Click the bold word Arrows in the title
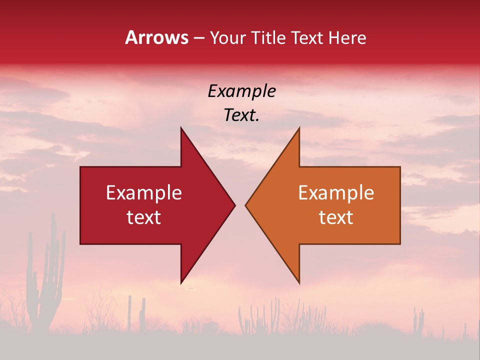pos(156,37)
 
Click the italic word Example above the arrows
pos(242,91)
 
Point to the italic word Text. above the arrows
pos(242,115)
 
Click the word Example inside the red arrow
pos(144,192)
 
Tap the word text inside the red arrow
pos(144,217)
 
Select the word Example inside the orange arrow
pos(336,192)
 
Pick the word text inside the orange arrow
pos(336,217)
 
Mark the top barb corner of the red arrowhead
pos(181,128)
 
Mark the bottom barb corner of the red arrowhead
pos(181,282)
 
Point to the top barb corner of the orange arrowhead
pos(299,128)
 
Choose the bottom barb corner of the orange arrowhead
pos(299,282)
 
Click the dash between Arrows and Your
pos(199,38)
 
